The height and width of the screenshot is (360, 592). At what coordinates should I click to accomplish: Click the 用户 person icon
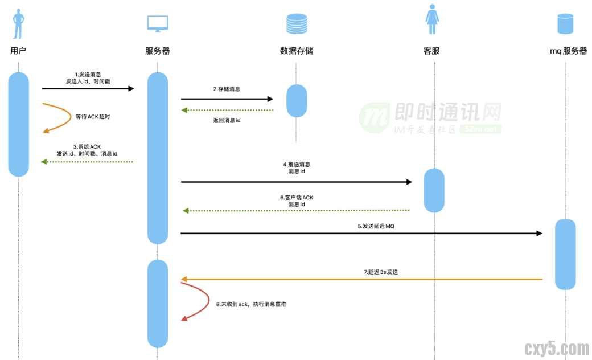19,23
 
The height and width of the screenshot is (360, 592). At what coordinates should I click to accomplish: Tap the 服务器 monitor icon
158,23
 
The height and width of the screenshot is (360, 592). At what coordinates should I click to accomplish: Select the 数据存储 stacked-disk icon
296,23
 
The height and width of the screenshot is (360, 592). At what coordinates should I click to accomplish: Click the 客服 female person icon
433,22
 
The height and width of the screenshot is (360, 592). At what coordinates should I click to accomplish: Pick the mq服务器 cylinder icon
565,23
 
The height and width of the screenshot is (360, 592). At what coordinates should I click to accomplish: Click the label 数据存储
297,51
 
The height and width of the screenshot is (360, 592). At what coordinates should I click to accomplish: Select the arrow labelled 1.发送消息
88,89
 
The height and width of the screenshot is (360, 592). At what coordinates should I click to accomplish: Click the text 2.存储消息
227,89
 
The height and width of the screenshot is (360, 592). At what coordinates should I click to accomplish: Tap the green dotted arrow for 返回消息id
228,110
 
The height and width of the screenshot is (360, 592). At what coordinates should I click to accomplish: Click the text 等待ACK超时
92,117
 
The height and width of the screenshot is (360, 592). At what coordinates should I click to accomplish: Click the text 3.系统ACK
87,146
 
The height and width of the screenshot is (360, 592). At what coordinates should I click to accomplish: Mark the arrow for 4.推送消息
296,182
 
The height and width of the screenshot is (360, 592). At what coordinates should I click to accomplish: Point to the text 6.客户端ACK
297,198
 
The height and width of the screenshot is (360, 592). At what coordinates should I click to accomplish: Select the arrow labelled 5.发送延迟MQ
361,233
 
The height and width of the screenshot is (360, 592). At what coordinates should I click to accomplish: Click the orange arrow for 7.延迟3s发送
361,279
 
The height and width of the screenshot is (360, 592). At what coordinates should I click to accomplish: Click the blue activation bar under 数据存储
297,101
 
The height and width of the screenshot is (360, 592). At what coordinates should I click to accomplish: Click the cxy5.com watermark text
556,347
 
